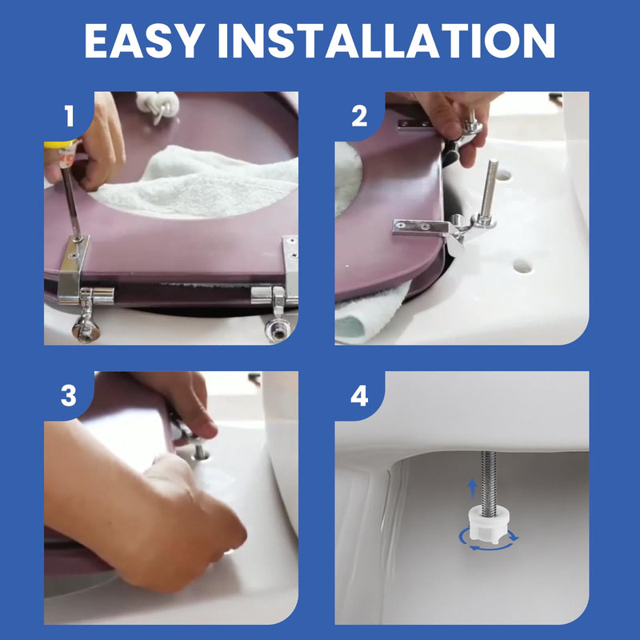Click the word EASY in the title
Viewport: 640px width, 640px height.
pyautogui.click(x=145, y=41)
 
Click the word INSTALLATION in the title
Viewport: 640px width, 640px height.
pyautogui.click(x=386, y=41)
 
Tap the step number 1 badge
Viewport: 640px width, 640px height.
pyautogui.click(x=70, y=116)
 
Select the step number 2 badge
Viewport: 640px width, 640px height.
pyautogui.click(x=359, y=116)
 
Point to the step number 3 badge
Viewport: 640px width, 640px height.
pyautogui.click(x=69, y=396)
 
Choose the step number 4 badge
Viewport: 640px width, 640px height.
pyautogui.click(x=359, y=396)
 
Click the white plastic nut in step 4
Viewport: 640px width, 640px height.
pyautogui.click(x=488, y=524)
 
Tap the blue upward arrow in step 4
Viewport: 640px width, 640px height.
pyautogui.click(x=472, y=488)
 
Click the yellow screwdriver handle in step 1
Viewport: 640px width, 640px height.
pyautogui.click(x=62, y=144)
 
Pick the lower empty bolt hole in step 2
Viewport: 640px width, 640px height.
pyautogui.click(x=522, y=267)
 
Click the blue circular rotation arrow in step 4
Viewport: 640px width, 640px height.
pyautogui.click(x=489, y=539)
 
